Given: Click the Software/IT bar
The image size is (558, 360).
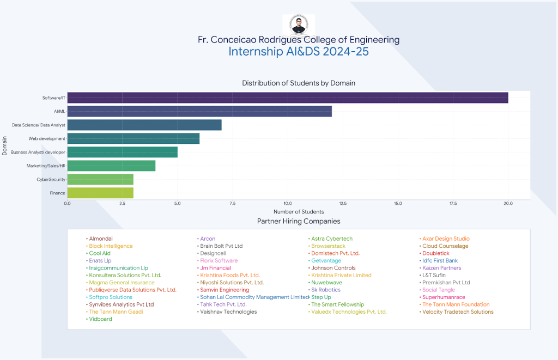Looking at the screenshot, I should (x=287, y=97).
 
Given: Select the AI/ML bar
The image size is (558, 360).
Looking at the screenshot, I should (x=199, y=111).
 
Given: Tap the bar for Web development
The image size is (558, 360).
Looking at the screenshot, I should (x=133, y=138).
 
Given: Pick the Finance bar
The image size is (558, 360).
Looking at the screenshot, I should (x=100, y=193).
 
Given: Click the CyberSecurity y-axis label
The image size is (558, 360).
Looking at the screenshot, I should (x=51, y=179).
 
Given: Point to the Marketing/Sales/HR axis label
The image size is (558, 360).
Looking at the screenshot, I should (x=46, y=166).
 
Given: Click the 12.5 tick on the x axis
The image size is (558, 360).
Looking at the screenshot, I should (x=342, y=204).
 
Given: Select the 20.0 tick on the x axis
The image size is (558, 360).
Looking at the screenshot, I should (x=508, y=204).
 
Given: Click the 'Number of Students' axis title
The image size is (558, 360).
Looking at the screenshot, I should (x=299, y=211).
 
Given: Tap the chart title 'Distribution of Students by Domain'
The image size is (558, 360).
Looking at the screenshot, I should (x=299, y=83).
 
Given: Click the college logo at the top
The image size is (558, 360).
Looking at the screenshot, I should (x=298, y=25).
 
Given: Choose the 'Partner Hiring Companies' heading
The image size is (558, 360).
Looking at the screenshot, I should (x=299, y=221).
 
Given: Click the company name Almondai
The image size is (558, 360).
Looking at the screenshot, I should (x=101, y=239).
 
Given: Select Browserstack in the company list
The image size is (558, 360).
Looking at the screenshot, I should (x=328, y=246).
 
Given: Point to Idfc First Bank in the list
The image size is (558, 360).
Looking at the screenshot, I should (x=440, y=261).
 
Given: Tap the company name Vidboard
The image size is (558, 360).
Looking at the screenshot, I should (x=100, y=319).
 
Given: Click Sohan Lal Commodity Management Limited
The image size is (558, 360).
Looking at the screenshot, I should (x=254, y=297).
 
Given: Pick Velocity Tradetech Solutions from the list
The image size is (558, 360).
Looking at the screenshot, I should (x=458, y=312).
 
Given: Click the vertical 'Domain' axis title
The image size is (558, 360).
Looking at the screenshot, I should (x=5, y=145).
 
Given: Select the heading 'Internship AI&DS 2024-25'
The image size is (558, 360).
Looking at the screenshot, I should (x=299, y=52).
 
